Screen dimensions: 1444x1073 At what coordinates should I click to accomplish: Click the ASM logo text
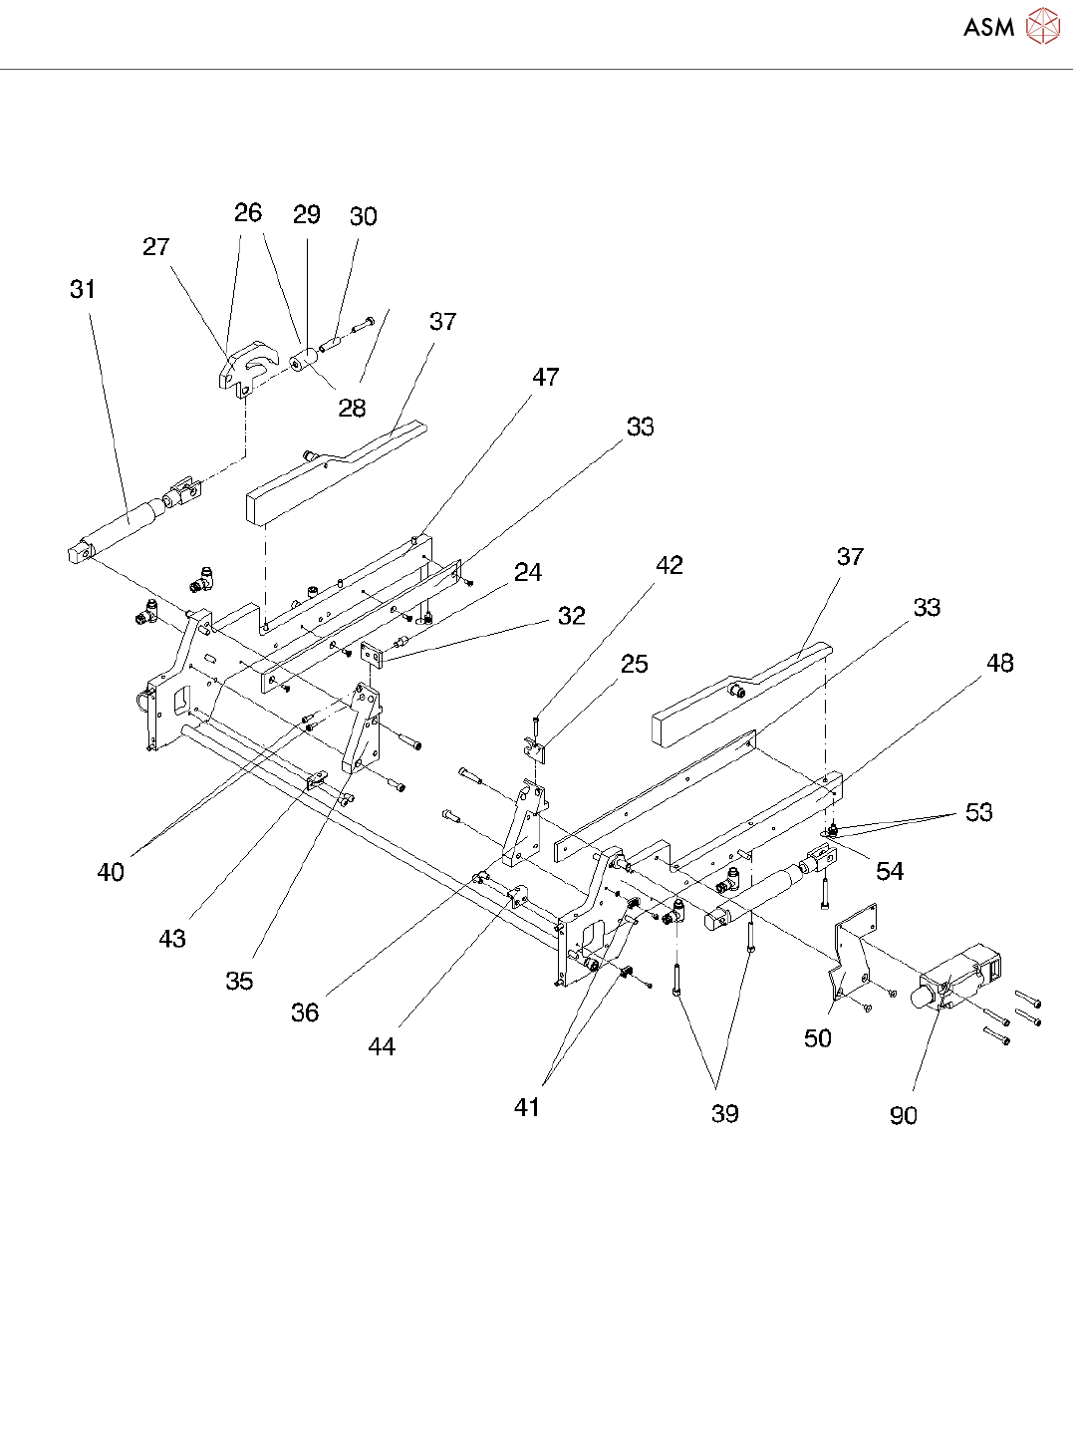988,27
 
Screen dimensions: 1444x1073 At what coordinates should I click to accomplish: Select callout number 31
83,290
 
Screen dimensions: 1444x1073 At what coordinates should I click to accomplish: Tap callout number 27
156,247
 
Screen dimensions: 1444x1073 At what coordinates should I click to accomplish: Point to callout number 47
545,378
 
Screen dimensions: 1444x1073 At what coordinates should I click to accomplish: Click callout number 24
528,572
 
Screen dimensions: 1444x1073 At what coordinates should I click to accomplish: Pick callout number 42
670,565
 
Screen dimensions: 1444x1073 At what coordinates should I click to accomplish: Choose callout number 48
1000,664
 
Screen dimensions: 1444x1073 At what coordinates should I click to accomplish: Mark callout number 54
890,872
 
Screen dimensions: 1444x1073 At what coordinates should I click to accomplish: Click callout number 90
904,1116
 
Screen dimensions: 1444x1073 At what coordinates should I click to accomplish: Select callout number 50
818,1038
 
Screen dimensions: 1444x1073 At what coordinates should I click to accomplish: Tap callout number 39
725,1114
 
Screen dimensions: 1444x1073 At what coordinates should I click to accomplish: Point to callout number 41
527,1107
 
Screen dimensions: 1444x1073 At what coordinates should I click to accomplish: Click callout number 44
382,1046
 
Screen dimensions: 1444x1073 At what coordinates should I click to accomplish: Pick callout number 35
239,981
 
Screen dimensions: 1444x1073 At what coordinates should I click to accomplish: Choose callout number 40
111,872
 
